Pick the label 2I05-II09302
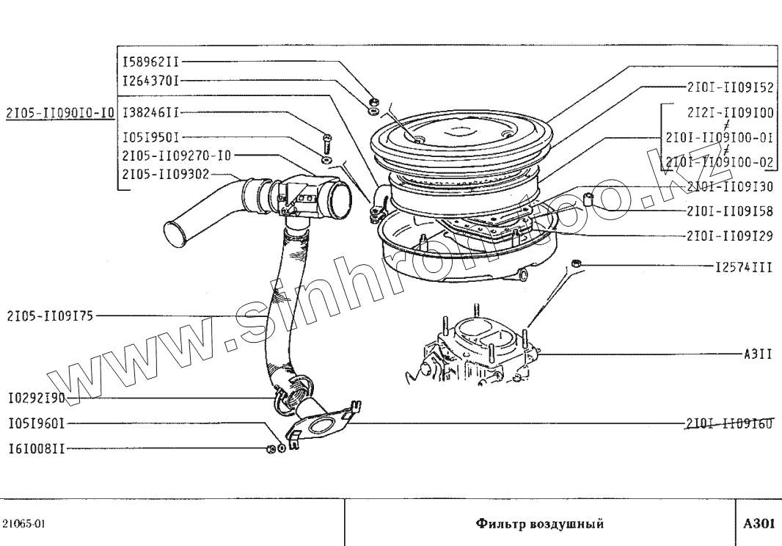165,174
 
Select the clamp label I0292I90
37,398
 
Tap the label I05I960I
37,423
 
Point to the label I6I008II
37,448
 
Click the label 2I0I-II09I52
730,87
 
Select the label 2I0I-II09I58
730,212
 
